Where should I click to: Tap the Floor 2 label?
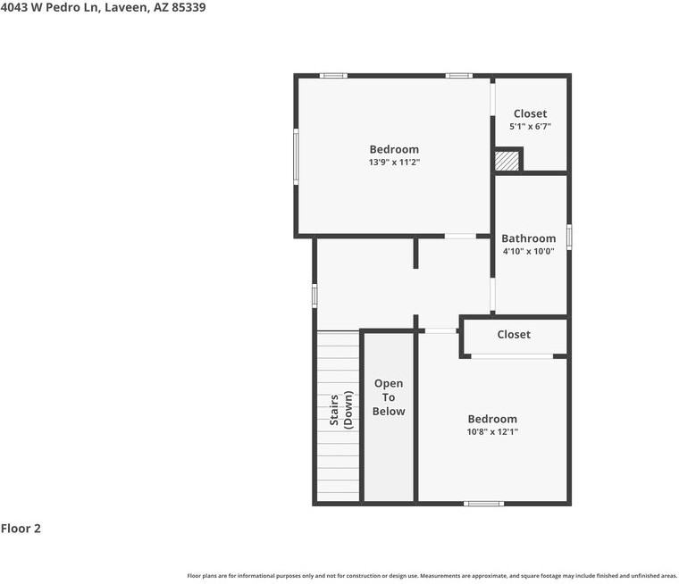21,529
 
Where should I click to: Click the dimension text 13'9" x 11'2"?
394,163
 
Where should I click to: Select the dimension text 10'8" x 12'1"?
492,432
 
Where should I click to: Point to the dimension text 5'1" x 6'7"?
530,127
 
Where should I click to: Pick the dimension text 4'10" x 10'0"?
528,251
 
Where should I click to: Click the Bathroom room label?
528,238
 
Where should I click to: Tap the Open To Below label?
389,397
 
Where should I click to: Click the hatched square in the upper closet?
507,161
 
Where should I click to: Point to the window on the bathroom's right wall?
568,237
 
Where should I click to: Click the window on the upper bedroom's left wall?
296,156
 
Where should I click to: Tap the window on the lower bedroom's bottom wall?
483,504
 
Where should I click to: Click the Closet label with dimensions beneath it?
530,113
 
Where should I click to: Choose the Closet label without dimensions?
514,335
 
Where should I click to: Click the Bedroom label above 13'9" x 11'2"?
394,149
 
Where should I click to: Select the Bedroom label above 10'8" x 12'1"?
492,419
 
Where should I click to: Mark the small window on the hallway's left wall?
314,296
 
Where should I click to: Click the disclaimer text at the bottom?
432,576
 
